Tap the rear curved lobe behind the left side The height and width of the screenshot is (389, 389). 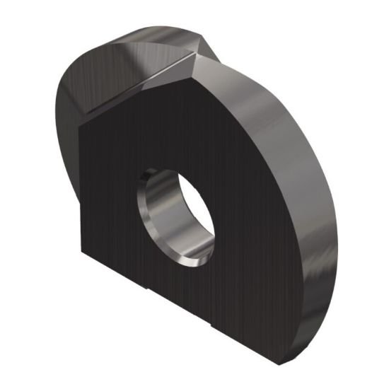(67, 120)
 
